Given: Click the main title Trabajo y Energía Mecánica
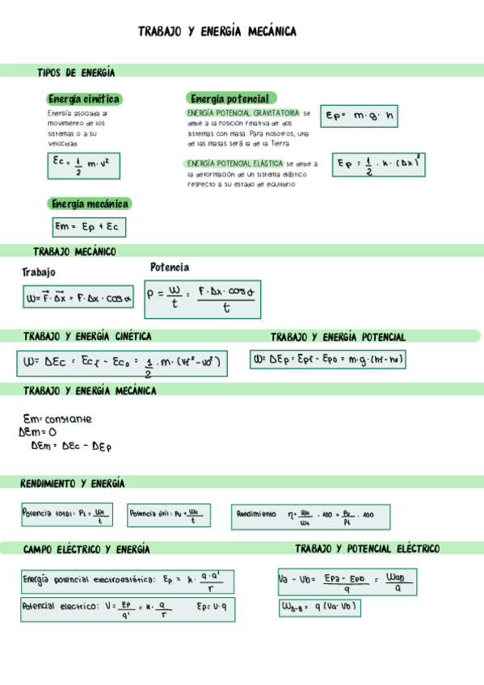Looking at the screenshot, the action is [217, 32].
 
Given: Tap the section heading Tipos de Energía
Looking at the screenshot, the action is [76, 73].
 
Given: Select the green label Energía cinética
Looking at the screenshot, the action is [84, 99].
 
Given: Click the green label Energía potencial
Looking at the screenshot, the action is [230, 98].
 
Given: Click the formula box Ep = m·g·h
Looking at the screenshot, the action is [360, 116].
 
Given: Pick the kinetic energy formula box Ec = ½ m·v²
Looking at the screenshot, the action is [81, 166].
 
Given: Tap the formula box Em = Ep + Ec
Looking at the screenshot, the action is [89, 227].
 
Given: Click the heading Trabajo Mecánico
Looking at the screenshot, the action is [74, 252].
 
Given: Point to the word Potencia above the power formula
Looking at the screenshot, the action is [170, 267].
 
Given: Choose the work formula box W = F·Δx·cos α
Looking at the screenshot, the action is [78, 298].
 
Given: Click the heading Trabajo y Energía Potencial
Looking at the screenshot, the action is [338, 337].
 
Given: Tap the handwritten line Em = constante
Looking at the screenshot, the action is [57, 419].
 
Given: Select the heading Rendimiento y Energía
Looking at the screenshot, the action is [73, 484].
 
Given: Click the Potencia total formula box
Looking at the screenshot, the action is [66, 515].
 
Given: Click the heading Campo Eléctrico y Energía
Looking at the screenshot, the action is [86, 549].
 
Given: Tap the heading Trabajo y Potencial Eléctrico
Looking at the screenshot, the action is [367, 549].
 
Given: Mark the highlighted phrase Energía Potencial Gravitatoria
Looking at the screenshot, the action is [242, 113].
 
